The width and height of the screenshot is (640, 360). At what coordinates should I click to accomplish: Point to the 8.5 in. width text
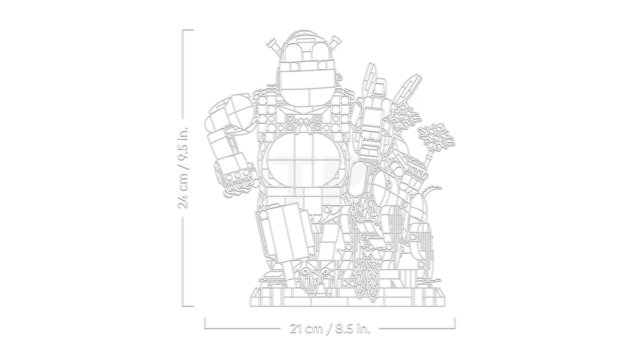coord(353,328)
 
